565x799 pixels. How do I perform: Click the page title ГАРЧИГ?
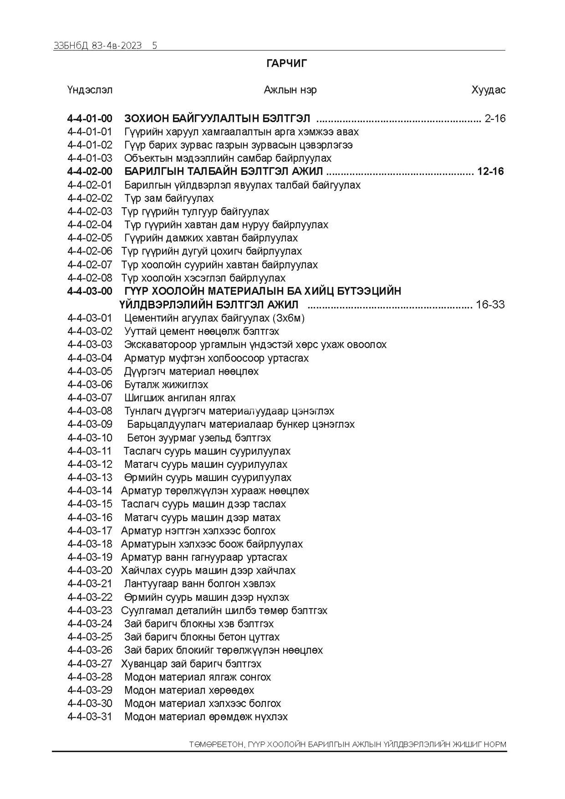click(x=287, y=63)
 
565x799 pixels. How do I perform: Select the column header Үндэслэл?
click(x=90, y=90)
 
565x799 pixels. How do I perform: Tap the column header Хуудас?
click(x=488, y=90)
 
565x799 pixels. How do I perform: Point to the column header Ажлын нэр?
click(x=290, y=90)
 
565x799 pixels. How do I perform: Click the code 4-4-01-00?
click(x=90, y=119)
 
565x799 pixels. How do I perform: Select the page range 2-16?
click(x=495, y=119)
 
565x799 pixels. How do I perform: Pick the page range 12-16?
click(x=491, y=172)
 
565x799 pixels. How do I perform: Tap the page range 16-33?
click(x=490, y=305)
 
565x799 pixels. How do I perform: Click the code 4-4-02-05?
click(x=90, y=238)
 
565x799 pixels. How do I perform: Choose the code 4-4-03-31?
click(x=90, y=717)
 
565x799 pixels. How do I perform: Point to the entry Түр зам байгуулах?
click(x=169, y=198)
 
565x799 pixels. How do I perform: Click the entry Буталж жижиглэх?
click(x=166, y=384)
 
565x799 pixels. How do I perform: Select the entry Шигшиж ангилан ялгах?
click(x=180, y=398)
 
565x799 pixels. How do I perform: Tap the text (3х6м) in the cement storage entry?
click(x=288, y=318)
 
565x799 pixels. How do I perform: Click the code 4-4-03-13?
click(x=90, y=478)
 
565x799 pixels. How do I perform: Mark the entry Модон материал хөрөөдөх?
click(x=189, y=690)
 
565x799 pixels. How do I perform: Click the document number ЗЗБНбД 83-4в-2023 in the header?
click(x=98, y=46)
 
